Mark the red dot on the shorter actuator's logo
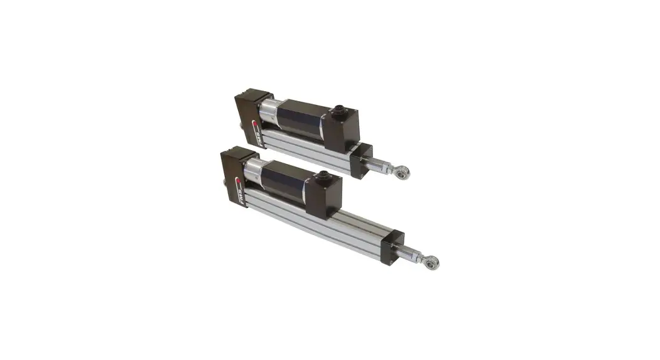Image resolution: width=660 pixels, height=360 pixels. (256, 124)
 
